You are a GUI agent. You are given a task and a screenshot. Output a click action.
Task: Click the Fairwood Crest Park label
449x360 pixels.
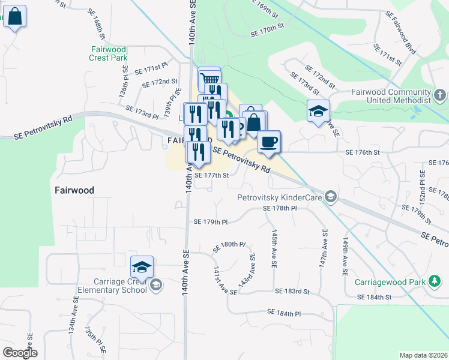109,53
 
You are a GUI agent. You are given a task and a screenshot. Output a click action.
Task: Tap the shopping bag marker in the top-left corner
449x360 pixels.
15,17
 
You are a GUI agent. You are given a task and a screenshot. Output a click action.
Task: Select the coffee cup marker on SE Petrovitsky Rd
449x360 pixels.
269,142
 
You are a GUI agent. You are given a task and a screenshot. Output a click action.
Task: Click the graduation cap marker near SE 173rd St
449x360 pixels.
318,111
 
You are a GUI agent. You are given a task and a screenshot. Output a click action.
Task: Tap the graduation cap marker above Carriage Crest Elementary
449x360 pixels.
142,267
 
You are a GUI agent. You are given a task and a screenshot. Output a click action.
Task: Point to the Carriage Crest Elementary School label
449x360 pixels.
112,286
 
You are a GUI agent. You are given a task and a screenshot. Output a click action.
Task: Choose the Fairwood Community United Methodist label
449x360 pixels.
391,96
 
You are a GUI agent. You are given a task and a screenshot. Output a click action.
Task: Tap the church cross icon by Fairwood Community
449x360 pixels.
440,95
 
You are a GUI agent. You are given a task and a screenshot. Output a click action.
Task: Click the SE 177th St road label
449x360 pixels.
211,176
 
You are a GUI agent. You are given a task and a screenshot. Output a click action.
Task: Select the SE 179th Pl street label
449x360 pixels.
211,221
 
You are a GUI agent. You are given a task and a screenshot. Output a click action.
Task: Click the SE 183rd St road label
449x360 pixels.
292,291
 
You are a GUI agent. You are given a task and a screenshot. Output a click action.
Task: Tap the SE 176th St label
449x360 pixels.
363,152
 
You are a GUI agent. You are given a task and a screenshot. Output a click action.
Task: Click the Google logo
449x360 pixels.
20,353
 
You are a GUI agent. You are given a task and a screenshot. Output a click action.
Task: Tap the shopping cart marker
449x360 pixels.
209,79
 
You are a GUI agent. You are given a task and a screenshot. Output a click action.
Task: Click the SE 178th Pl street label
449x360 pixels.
280,208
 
